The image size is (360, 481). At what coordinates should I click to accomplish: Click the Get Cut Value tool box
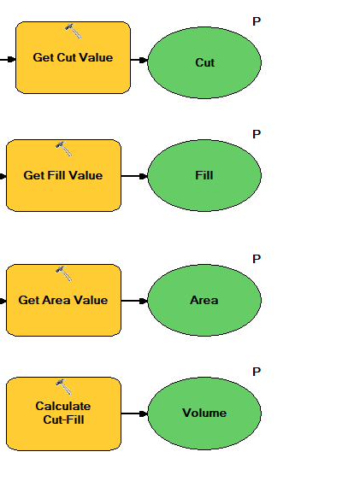[x=73, y=57]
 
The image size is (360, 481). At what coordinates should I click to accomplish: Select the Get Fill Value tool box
[x=63, y=175]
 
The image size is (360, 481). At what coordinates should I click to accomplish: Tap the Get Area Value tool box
[x=63, y=300]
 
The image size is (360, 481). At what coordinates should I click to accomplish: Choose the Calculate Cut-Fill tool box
[x=63, y=414]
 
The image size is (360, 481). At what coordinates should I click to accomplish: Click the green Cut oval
[x=204, y=63]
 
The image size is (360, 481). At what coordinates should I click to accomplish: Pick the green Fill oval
[x=204, y=175]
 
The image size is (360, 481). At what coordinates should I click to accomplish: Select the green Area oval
[x=204, y=300]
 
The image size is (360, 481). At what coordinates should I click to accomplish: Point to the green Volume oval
[x=204, y=414]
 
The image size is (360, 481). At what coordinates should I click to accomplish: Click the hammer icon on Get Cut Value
[x=73, y=31]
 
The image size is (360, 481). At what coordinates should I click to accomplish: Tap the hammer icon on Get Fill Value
[x=63, y=149]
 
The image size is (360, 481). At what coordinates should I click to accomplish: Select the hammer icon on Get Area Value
[x=63, y=273]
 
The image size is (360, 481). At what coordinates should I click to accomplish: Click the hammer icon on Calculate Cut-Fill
[x=63, y=386]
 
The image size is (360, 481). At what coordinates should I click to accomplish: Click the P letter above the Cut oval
[x=257, y=21]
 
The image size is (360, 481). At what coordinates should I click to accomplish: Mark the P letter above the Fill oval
[x=257, y=134]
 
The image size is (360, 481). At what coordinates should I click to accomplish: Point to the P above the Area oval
[x=257, y=259]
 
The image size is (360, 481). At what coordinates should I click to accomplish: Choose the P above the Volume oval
[x=257, y=372]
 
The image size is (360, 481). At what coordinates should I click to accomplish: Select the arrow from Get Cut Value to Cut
[x=139, y=60]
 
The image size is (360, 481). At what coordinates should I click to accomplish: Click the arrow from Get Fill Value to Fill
[x=134, y=176]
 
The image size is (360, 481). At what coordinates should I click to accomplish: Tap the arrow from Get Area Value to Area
[x=134, y=301]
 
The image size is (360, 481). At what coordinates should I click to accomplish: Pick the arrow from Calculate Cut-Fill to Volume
[x=134, y=414]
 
